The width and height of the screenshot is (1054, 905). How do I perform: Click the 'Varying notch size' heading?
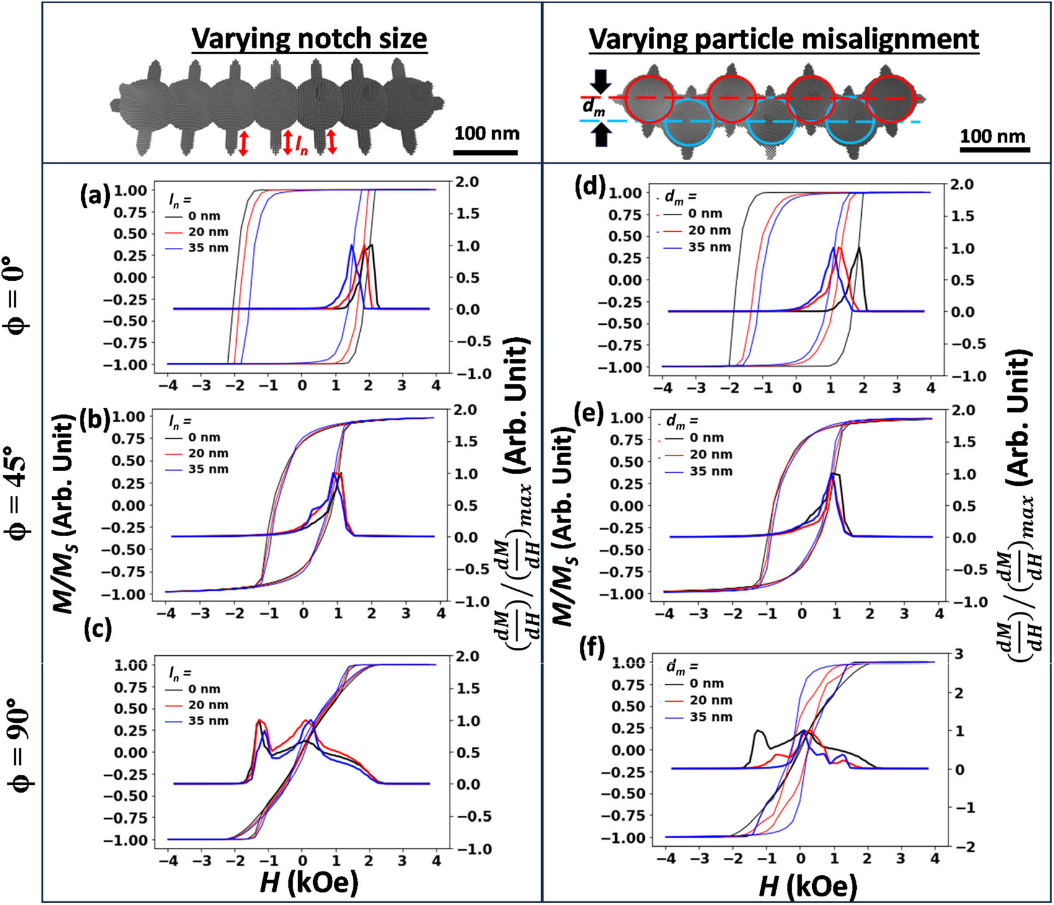[309, 39]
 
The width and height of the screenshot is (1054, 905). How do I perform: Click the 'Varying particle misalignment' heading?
[784, 39]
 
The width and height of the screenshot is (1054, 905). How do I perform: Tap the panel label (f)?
[591, 648]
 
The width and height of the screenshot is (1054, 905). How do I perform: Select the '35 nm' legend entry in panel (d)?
[710, 247]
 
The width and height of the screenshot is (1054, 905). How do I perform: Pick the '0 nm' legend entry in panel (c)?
[204, 689]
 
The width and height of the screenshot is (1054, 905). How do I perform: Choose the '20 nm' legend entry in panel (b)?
[208, 453]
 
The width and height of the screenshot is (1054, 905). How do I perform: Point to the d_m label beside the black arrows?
[593, 108]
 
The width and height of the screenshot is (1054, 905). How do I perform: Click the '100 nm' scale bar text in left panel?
[487, 133]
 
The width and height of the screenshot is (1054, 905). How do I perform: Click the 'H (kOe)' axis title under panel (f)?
[808, 886]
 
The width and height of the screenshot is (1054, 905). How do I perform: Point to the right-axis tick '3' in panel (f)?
[959, 655]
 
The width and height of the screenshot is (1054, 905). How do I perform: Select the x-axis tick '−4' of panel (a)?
[167, 386]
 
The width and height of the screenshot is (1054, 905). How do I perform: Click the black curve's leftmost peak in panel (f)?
[758, 731]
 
